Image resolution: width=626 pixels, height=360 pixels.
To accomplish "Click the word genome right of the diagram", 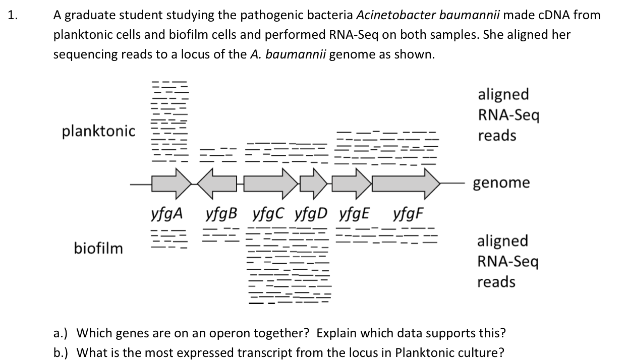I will click(501, 183).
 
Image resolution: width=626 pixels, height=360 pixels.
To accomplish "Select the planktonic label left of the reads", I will click(99, 132).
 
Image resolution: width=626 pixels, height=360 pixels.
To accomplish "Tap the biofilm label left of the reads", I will click(98, 248).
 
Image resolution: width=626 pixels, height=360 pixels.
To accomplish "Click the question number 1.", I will click(13, 15).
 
